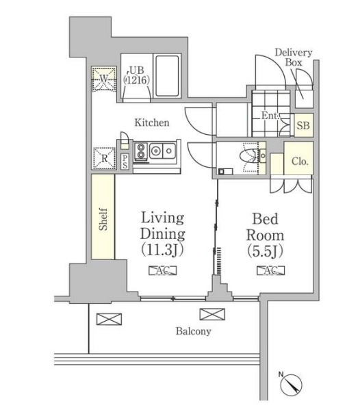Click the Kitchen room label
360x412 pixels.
pos(152,123)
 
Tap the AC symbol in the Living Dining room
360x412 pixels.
pos(163,270)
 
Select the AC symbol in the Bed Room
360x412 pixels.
pos(270,270)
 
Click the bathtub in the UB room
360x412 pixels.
pos(167,76)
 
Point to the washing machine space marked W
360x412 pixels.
pos(104,79)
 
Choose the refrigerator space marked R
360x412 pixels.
pos(104,158)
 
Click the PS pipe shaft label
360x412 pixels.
pos(125,162)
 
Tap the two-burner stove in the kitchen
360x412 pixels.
pos(140,151)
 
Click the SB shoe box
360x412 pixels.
pos(303,125)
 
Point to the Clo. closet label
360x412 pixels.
pos(300,161)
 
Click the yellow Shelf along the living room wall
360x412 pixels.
pos(103,216)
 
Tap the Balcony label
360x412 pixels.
pos(194,331)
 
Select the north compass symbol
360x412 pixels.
pos(291,384)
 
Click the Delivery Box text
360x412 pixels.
pos(294,57)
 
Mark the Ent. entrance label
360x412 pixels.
pos(270,116)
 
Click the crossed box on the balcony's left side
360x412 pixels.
pos(109,319)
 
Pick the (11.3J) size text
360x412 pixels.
pos(162,250)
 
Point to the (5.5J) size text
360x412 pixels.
pos(265,251)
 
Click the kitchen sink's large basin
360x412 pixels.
pos(156,151)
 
